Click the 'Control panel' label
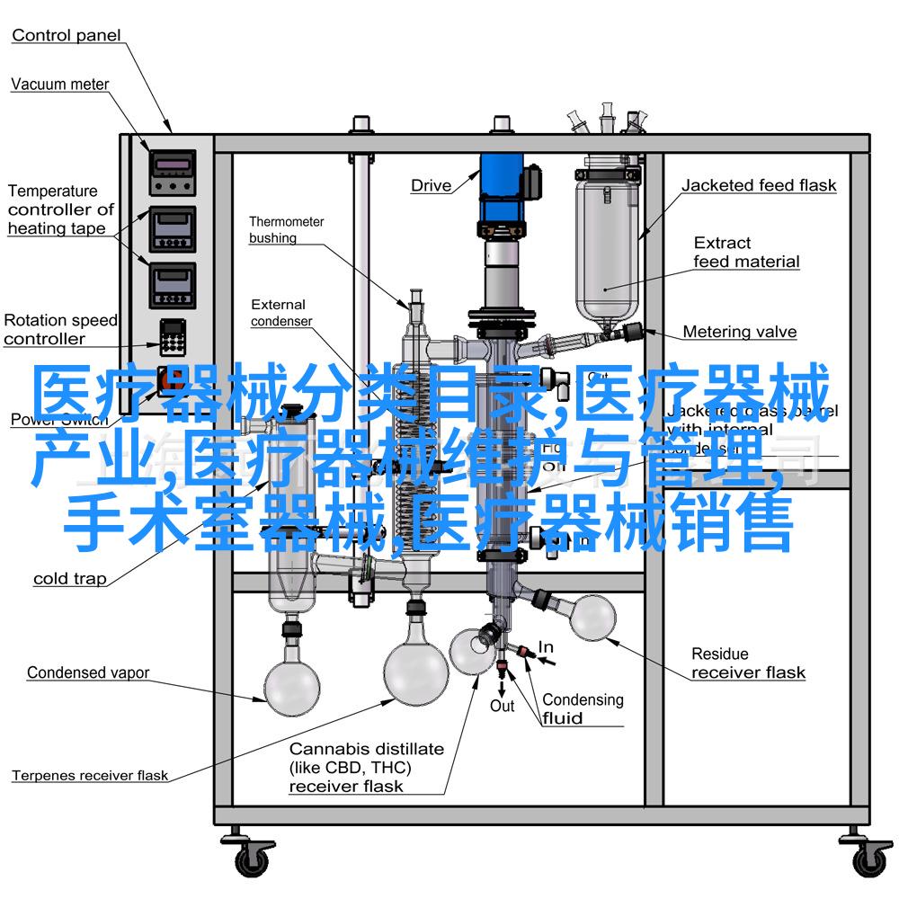click(x=67, y=36)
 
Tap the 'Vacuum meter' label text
click(x=59, y=85)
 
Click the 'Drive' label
click(x=431, y=186)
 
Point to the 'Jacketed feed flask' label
click(x=758, y=186)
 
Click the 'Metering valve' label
click(x=739, y=332)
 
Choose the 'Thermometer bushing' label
click(x=286, y=229)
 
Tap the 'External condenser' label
click(x=281, y=313)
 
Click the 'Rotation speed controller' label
click(x=59, y=329)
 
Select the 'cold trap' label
click(x=69, y=579)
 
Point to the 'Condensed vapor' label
click(x=88, y=672)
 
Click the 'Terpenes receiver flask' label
click(x=90, y=775)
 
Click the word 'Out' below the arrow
click(x=502, y=706)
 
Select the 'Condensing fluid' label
click(x=582, y=708)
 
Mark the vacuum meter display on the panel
click(x=171, y=164)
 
